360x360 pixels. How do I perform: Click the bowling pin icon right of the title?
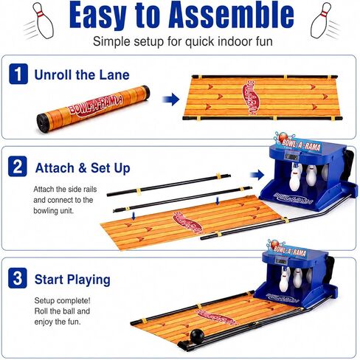tap(321, 21)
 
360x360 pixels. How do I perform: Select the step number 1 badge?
tap(18, 74)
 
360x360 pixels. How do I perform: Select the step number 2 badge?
tap(18, 167)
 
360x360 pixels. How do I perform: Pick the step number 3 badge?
tap(18, 278)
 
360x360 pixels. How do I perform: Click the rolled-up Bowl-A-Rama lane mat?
tap(93, 108)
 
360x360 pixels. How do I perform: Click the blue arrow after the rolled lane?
tap(171, 100)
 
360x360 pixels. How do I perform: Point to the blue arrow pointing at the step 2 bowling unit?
tap(257, 176)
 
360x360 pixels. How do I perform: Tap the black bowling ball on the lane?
tap(197, 335)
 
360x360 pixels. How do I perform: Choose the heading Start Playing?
tap(72, 280)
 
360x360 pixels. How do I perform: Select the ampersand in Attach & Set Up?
tap(83, 168)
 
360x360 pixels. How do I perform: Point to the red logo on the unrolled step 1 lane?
tap(250, 97)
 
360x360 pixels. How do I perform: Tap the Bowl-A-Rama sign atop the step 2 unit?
tap(298, 143)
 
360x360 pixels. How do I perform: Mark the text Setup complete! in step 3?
tap(63, 301)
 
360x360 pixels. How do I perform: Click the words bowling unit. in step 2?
tap(53, 211)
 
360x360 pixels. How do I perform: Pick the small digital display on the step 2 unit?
tap(292, 156)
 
